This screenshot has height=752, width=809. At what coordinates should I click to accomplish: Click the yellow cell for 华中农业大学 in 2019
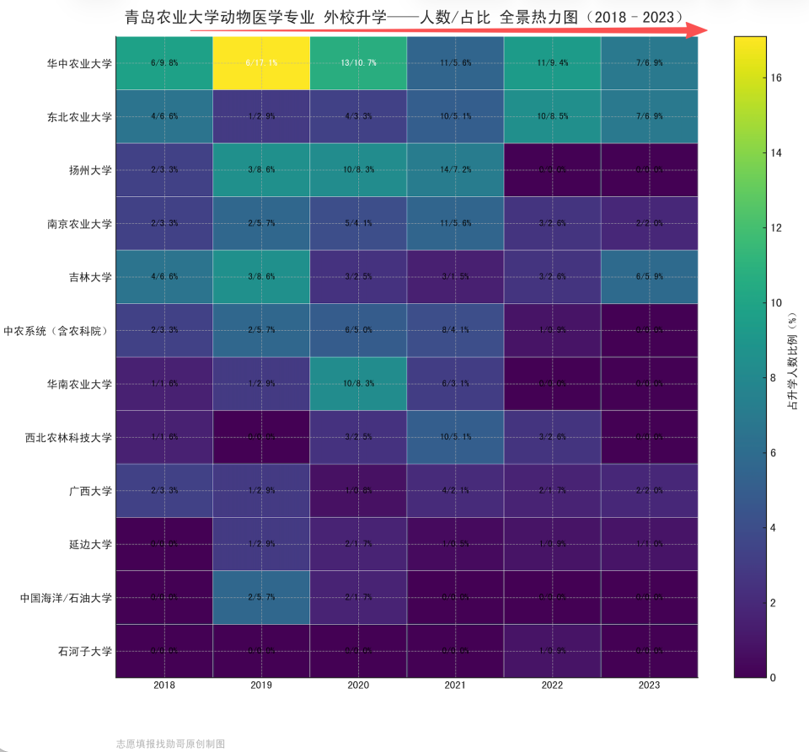[x=261, y=63]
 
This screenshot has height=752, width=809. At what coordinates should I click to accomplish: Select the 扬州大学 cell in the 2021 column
[x=455, y=170]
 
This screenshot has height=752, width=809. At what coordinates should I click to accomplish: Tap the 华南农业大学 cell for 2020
[x=358, y=384]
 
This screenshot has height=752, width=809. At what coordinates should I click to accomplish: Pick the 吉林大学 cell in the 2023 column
[x=649, y=277]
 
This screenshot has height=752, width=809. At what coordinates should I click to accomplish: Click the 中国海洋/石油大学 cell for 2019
[x=261, y=598]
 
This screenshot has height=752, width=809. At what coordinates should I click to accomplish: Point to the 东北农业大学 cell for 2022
[x=552, y=117]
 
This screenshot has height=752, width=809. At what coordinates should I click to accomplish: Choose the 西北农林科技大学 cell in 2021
[x=455, y=437]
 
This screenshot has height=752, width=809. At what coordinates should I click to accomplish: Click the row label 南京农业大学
[x=79, y=224]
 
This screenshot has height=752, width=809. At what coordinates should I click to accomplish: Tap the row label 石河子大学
[x=84, y=651]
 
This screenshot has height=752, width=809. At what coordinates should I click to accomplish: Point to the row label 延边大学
[x=90, y=544]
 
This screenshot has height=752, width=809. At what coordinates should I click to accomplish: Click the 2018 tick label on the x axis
[x=164, y=686]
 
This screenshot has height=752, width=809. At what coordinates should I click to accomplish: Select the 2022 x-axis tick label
[x=552, y=686]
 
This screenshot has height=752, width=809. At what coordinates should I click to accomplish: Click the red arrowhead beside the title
[x=696, y=30]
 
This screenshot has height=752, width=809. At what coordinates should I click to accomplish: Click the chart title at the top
[x=404, y=16]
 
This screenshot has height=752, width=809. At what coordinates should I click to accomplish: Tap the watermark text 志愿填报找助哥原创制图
[x=170, y=744]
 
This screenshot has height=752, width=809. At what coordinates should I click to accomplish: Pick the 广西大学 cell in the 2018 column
[x=164, y=491]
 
